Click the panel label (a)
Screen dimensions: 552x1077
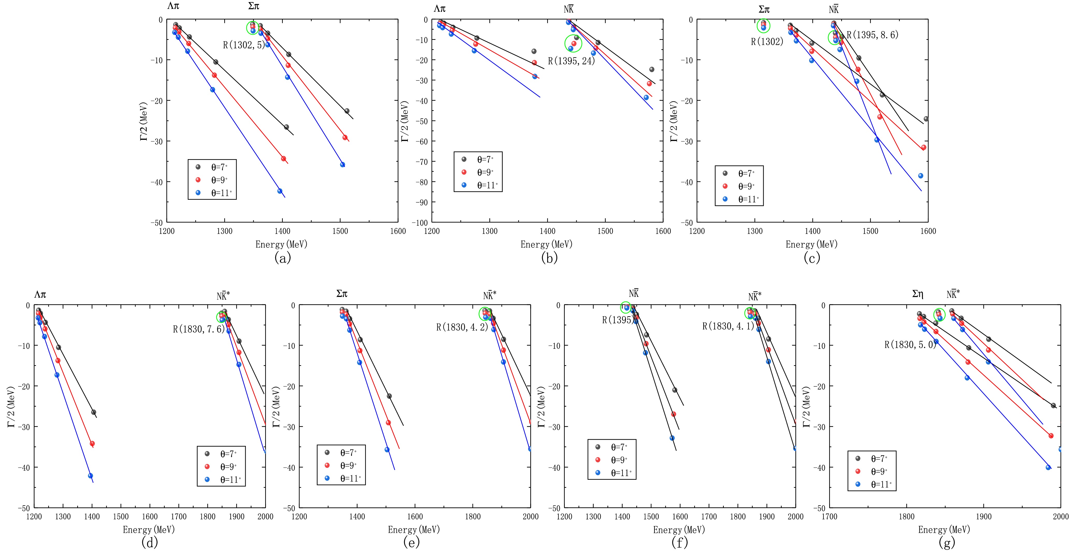click(x=283, y=258)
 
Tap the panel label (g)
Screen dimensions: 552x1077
click(x=947, y=542)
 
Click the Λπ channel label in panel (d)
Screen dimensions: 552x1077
click(x=40, y=295)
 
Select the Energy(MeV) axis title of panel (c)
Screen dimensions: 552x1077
click(x=812, y=245)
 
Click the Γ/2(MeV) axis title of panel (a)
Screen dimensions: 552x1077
click(x=143, y=121)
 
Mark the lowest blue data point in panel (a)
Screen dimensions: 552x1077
click(x=280, y=191)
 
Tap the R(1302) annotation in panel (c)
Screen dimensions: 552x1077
click(x=767, y=42)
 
